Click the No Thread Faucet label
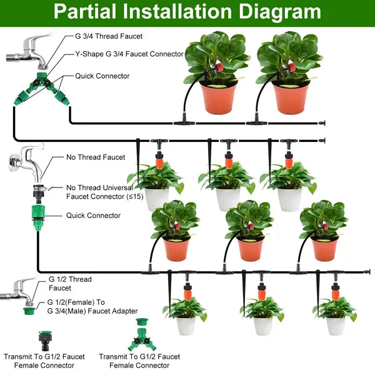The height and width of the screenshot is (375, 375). [95, 157]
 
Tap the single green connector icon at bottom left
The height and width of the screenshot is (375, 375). [46, 341]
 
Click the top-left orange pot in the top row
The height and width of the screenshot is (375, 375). [219, 97]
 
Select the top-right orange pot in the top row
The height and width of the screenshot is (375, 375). [291, 97]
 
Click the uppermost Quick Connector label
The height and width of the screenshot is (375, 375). [102, 76]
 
